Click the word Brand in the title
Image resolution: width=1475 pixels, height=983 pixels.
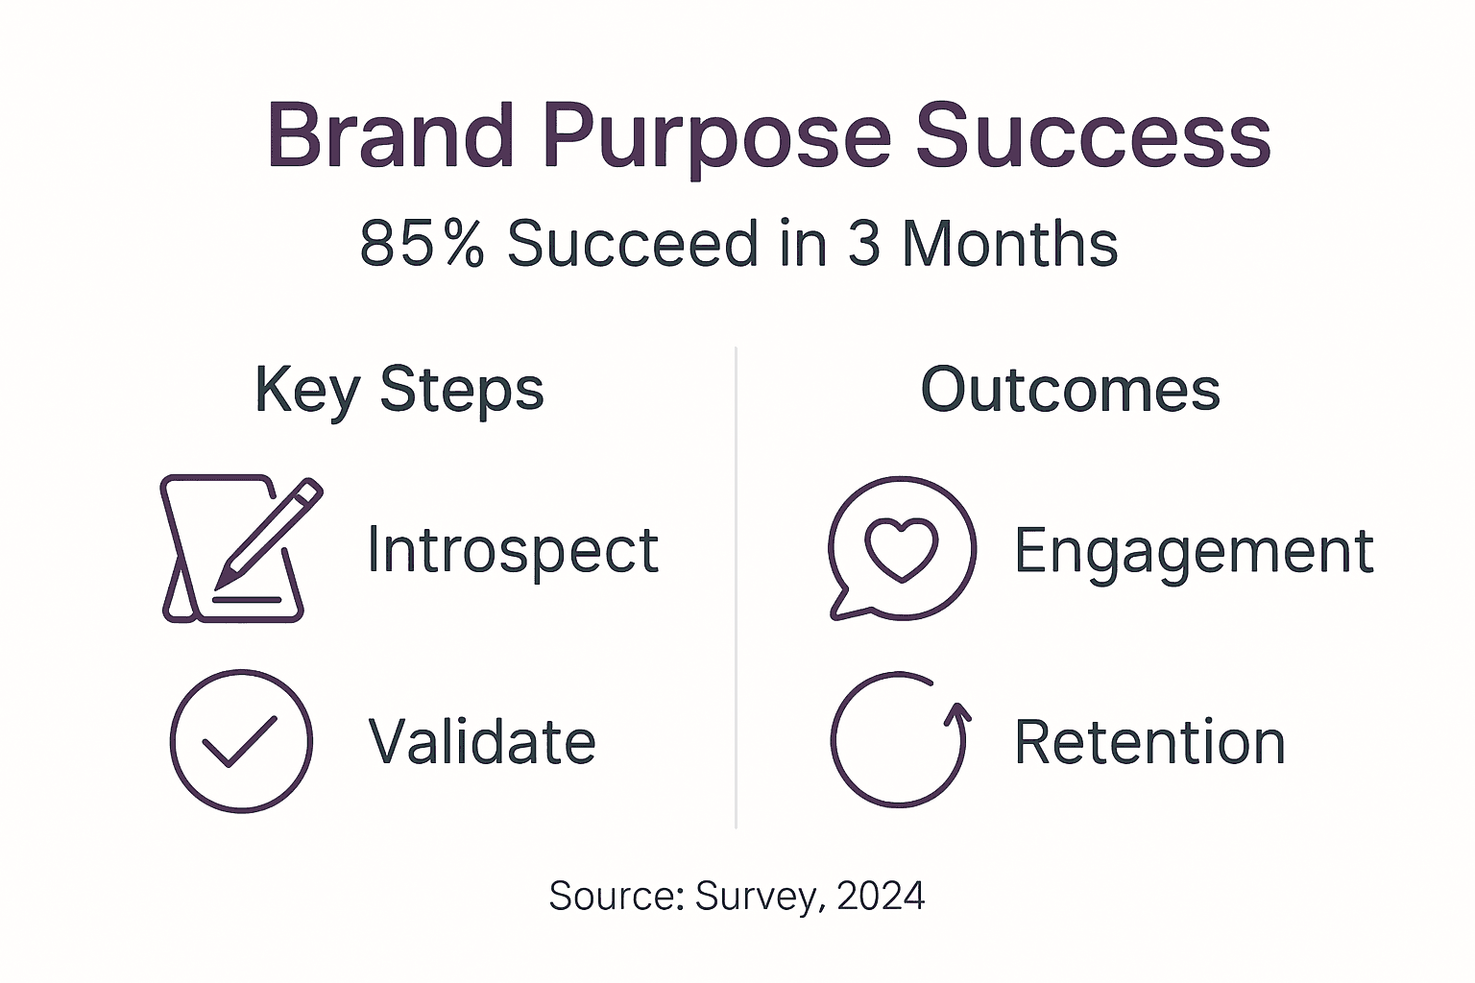point(390,136)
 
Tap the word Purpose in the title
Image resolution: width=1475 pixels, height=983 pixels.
point(715,138)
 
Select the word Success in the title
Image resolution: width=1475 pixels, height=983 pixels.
point(1092,136)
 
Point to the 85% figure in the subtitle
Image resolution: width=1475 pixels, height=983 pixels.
point(422,244)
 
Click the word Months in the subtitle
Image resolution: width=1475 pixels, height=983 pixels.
point(1009,244)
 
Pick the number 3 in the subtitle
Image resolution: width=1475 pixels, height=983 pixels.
point(863,244)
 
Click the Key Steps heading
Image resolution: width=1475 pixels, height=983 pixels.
point(399,391)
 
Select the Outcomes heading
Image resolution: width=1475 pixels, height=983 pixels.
point(1070,390)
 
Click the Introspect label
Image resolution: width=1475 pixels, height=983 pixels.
point(513,551)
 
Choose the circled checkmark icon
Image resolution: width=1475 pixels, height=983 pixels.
point(241,741)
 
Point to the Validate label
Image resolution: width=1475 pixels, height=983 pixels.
point(482,742)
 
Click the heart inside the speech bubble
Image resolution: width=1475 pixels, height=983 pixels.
point(901,548)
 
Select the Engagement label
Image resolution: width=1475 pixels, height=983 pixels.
point(1194,551)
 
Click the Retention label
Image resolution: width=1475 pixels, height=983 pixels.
point(1149,742)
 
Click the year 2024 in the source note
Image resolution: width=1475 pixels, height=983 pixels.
point(881,896)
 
